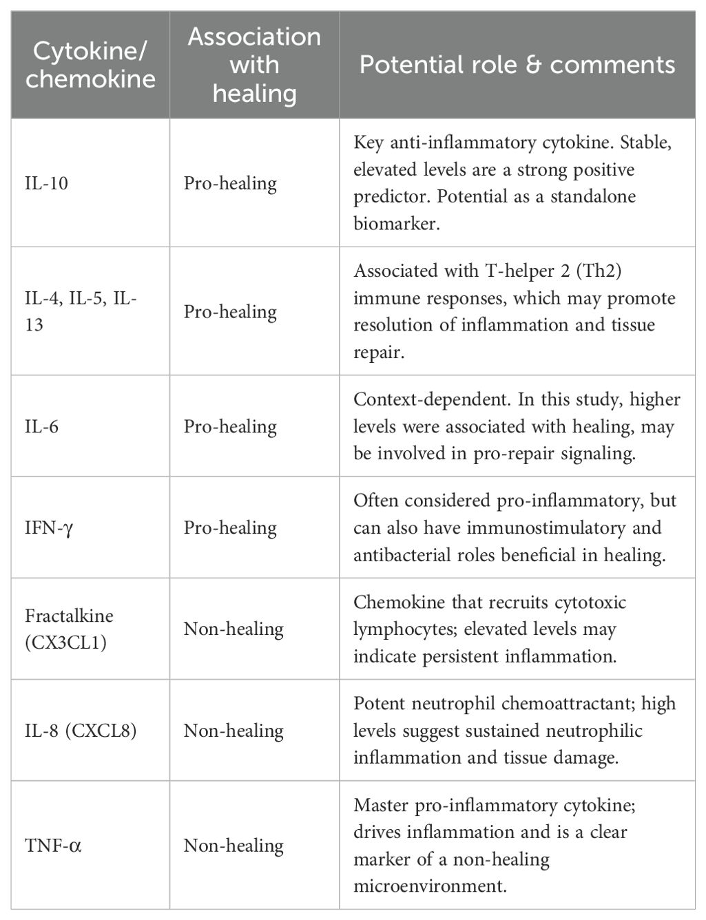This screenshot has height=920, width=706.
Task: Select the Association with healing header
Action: [254, 65]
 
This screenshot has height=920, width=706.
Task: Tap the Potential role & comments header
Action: [517, 65]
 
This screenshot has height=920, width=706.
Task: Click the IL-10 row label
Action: [47, 184]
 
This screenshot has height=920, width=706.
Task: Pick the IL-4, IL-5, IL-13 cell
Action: [81, 311]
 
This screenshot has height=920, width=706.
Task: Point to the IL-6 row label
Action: [42, 427]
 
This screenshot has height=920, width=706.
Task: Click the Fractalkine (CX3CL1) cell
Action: [69, 629]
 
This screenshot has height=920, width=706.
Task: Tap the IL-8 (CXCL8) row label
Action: [81, 731]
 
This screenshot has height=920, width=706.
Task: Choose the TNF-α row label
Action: [53, 845]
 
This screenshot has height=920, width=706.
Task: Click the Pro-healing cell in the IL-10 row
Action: [230, 184]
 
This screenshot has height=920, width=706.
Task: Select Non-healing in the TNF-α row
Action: [233, 845]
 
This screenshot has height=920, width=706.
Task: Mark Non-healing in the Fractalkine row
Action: [233, 629]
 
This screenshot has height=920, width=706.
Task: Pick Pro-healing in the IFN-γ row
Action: [230, 528]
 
